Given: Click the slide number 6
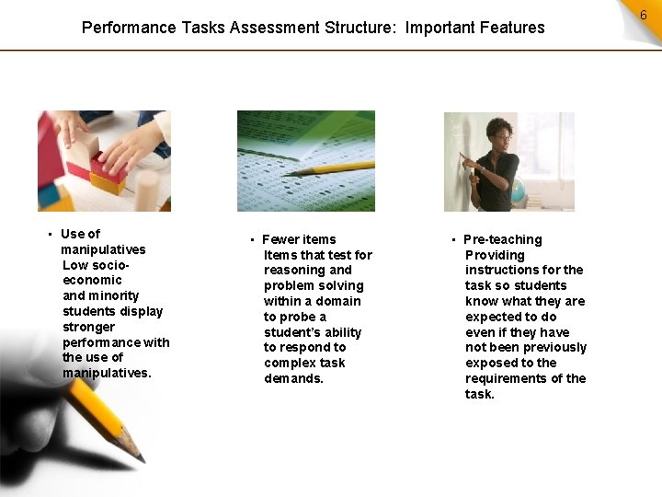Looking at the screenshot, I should [643, 16].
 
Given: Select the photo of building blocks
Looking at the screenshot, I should [104, 161].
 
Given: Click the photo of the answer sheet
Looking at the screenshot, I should [305, 161].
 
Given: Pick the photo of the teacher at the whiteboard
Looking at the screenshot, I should [508, 162].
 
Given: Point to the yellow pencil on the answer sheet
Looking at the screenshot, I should [331, 169].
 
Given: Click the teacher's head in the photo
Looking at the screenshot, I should [499, 130].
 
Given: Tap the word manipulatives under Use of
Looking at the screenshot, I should [103, 249].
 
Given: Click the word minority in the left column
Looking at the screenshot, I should [114, 295].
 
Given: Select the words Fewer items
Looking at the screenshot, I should [300, 239].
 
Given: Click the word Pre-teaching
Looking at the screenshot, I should [503, 239].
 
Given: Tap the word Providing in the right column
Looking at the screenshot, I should [495, 255].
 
